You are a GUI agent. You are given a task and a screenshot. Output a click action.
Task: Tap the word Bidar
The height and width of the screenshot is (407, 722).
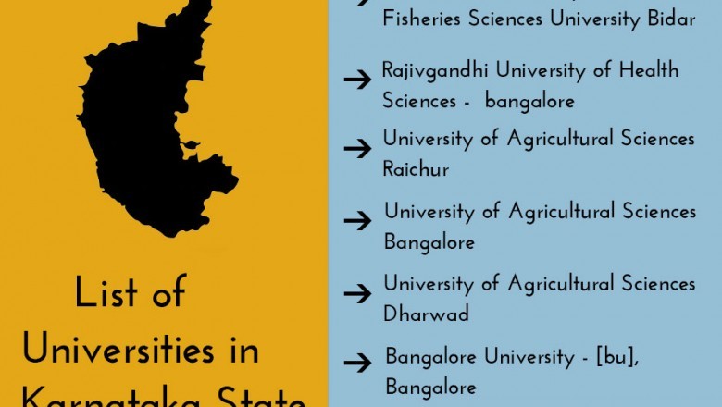tap(670, 19)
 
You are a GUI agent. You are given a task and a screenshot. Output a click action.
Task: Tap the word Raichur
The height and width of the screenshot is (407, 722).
tap(416, 169)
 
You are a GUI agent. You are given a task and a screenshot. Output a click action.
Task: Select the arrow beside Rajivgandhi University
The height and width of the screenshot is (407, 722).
tap(357, 80)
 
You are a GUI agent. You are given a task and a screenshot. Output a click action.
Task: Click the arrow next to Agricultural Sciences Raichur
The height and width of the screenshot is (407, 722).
tap(357, 149)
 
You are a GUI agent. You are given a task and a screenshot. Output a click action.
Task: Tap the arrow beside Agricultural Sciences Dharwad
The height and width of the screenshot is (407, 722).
tap(357, 294)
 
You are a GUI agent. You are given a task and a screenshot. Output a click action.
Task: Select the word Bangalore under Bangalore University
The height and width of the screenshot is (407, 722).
tap(430, 385)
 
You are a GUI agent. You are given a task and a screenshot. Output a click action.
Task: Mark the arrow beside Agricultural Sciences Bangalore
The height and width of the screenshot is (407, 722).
tap(357, 221)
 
